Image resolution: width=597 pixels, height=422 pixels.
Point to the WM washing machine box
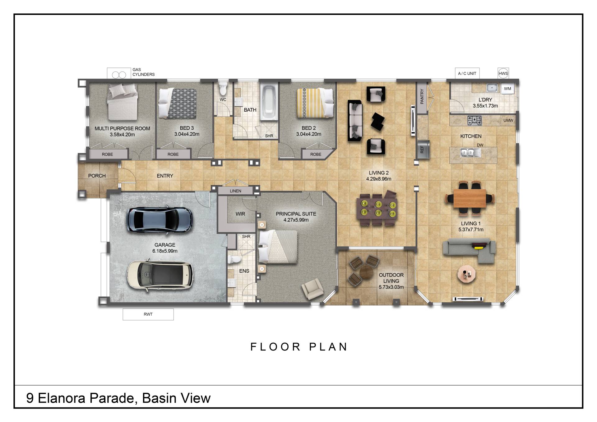tap(507, 89)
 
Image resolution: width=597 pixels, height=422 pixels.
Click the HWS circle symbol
tap(503, 74)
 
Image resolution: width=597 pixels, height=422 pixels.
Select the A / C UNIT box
tap(467, 73)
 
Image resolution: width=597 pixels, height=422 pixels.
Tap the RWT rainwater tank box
tap(148, 314)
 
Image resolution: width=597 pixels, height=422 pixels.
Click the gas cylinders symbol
tap(119, 75)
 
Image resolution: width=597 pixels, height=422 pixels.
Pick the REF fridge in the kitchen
tap(423, 149)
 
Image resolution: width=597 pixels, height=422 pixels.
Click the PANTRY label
tap(422, 96)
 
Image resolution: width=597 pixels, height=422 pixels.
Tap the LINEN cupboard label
tap(235, 191)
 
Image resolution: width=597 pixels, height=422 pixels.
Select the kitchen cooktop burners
tap(474, 120)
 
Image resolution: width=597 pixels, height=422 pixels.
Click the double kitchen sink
tap(469, 152)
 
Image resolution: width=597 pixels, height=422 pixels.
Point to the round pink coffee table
tap(466, 274)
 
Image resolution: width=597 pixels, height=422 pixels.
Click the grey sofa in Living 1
tap(469, 250)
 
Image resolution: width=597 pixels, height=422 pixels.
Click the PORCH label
tap(97, 176)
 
